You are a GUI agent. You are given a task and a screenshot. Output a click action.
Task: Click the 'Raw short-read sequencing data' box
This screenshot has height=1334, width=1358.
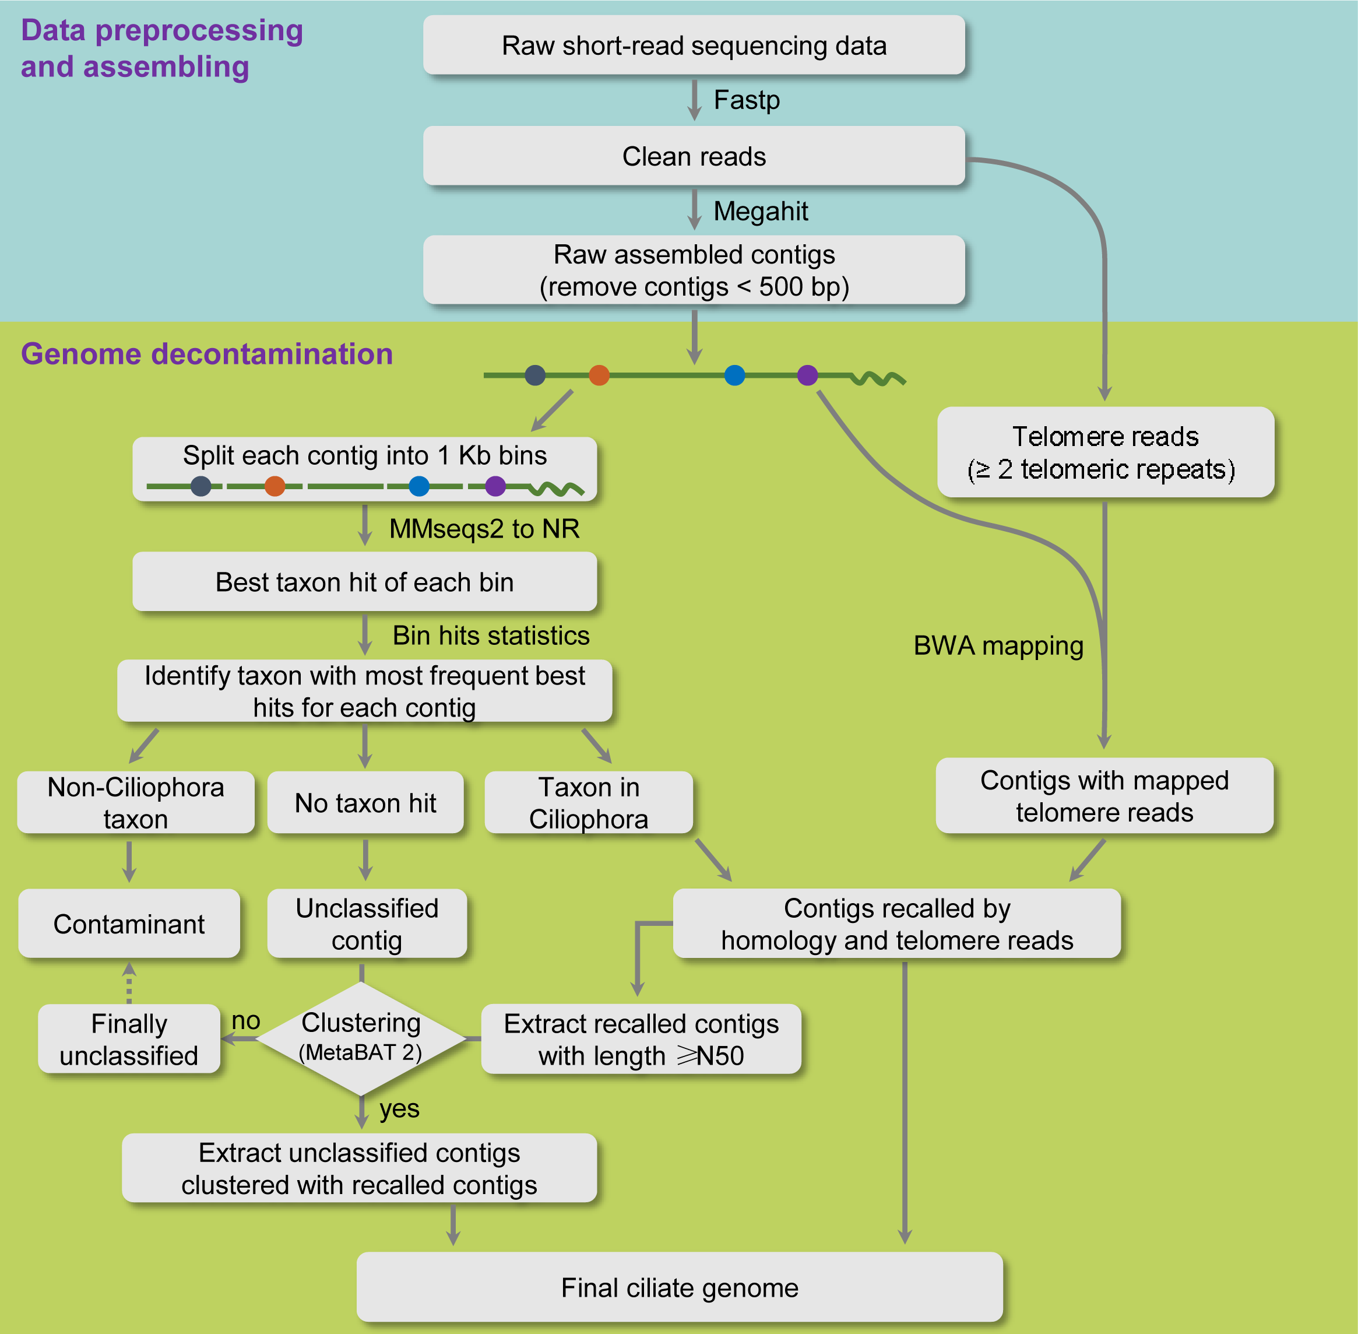[x=694, y=45]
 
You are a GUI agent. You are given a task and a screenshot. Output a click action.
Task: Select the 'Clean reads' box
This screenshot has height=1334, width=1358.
[x=694, y=156]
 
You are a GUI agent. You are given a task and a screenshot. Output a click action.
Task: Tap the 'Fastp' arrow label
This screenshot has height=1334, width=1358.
[x=746, y=100]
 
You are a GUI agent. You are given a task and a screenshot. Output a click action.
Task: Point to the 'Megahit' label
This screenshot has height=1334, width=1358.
[x=760, y=211]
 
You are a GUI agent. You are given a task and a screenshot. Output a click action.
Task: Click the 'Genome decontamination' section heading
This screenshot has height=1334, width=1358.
[x=206, y=354]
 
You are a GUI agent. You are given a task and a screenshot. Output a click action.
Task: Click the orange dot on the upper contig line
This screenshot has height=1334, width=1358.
[x=599, y=375]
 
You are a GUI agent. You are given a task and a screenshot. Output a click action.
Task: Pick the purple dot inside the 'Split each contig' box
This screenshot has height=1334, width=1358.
[x=495, y=486]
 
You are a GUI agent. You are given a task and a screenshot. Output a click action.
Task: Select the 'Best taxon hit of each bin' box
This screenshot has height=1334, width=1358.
[x=364, y=581]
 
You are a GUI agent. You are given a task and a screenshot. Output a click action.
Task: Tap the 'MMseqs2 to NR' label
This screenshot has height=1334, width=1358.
[x=484, y=528]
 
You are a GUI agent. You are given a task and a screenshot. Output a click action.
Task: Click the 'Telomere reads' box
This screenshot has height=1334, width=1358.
[x=1104, y=452]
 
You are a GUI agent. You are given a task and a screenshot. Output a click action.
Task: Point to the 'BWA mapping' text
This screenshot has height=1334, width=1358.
[x=998, y=645]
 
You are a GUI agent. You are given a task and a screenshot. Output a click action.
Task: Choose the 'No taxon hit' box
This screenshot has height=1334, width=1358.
[x=365, y=802]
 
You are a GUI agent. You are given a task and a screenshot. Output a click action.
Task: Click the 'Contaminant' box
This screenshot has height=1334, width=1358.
[x=129, y=924]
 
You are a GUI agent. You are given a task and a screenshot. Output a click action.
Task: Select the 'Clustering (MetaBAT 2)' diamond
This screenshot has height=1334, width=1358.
[x=361, y=1038]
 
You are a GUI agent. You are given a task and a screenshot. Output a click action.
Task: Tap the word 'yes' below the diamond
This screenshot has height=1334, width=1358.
[x=399, y=1108]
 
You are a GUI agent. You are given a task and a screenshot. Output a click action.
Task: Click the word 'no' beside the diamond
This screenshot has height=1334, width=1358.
[x=246, y=1020]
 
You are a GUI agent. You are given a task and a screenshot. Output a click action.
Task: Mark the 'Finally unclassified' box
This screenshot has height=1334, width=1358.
[x=129, y=1039]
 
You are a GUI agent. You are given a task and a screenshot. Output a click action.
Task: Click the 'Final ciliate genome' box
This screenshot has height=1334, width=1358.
[x=680, y=1287]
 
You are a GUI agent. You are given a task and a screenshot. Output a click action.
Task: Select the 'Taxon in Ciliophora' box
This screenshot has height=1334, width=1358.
[x=588, y=802]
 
